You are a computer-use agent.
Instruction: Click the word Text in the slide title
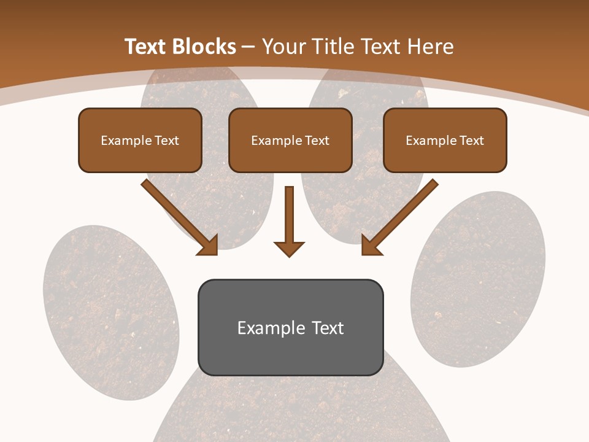145,47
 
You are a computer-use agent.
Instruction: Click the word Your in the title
283,47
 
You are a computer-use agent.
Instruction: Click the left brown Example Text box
140,140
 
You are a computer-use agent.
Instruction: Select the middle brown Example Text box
290,140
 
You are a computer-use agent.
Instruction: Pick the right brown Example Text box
445,140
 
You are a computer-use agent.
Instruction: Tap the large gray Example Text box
290,327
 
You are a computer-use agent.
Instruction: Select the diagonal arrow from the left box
178,216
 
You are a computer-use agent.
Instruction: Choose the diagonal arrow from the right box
401,216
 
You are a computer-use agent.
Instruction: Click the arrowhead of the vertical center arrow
289,248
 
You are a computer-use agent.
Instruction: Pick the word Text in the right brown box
471,141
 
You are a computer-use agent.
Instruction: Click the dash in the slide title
248,47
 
